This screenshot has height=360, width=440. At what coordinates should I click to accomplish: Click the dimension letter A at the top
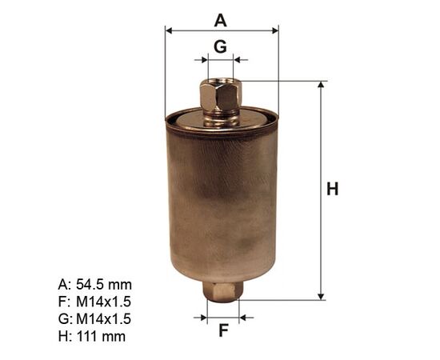[220, 21]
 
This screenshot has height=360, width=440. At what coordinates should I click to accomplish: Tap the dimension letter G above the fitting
[220, 46]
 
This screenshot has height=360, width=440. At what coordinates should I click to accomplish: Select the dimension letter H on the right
[333, 189]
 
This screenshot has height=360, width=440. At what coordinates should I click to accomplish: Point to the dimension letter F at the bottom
[223, 330]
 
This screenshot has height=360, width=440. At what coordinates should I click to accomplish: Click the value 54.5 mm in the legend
[104, 285]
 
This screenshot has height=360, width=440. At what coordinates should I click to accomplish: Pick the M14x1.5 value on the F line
[103, 302]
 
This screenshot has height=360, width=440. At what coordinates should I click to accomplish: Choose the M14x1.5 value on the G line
[103, 318]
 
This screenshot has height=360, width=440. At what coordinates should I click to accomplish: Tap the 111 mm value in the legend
[101, 336]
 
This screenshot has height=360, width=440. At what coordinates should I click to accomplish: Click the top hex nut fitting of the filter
[221, 95]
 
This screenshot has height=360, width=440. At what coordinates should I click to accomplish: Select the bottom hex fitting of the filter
[223, 292]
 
